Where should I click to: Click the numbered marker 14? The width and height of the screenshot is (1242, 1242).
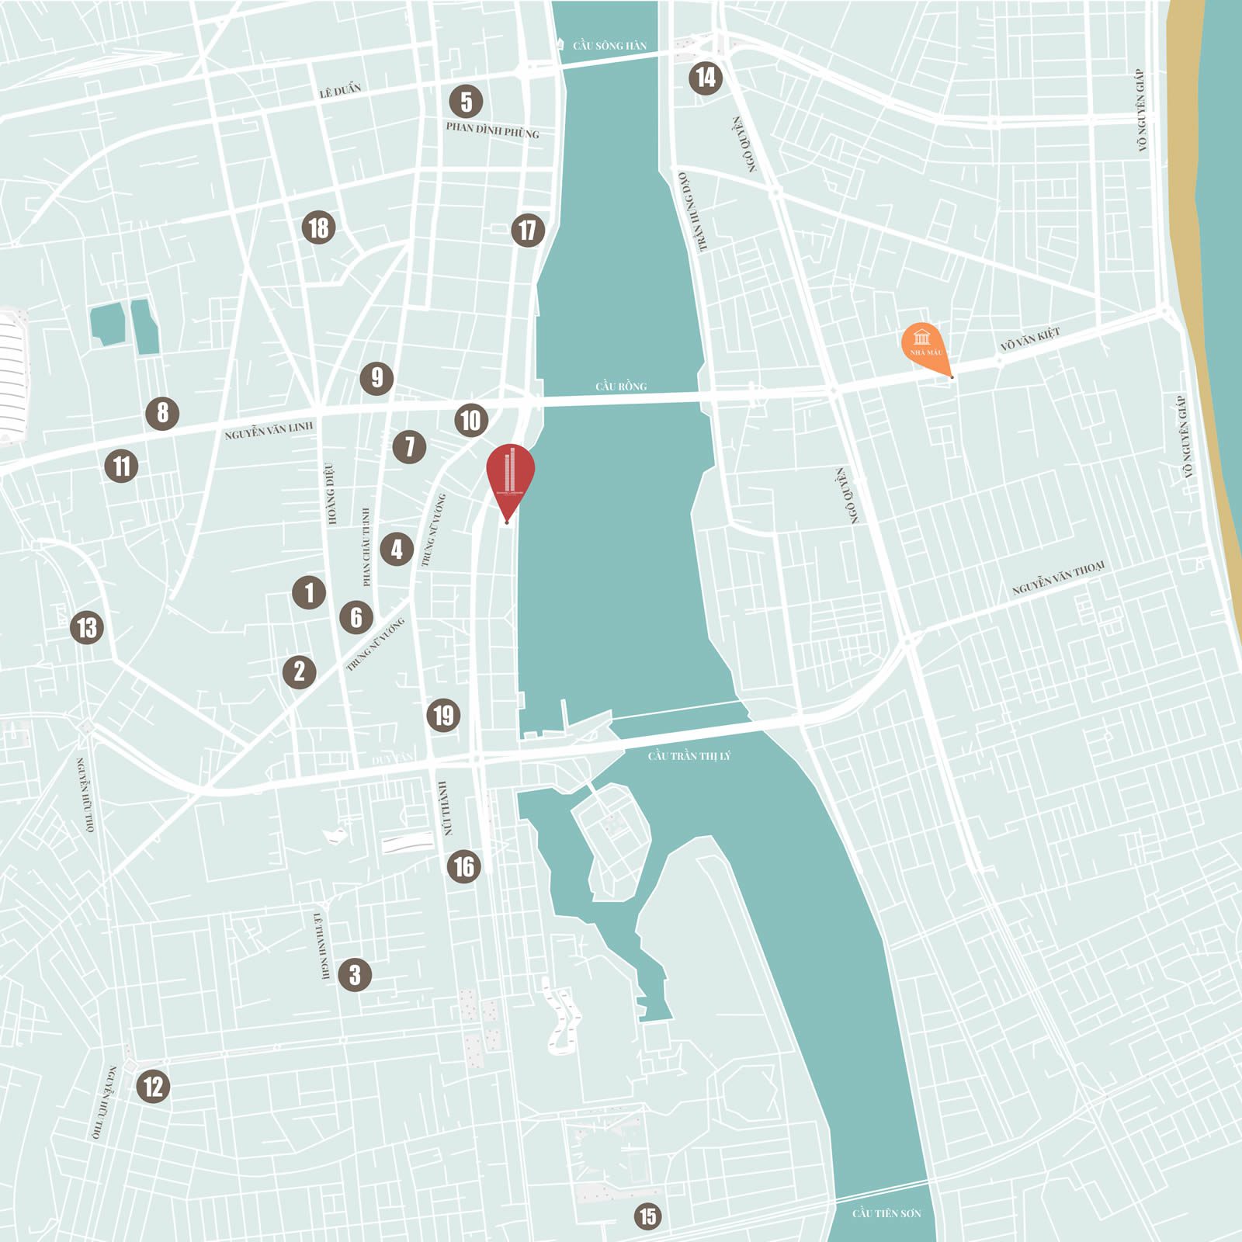pyautogui.click(x=705, y=78)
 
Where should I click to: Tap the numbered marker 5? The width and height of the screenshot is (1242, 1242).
pyautogui.click(x=466, y=102)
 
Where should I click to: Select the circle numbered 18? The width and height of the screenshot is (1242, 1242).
pyautogui.click(x=318, y=227)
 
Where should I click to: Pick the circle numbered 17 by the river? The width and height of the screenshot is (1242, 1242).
pyautogui.click(x=528, y=230)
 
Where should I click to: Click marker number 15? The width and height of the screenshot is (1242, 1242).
pyautogui.click(x=647, y=1216)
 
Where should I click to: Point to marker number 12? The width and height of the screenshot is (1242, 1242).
pyautogui.click(x=153, y=1086)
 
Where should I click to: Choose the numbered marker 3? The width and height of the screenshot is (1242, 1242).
pyautogui.click(x=355, y=974)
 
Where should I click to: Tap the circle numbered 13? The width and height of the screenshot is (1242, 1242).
pyautogui.click(x=87, y=627)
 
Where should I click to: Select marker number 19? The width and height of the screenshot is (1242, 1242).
pyautogui.click(x=443, y=715)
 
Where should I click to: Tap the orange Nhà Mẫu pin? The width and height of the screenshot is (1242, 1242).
pyautogui.click(x=924, y=343)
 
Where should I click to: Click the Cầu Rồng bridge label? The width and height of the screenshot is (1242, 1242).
pyautogui.click(x=621, y=386)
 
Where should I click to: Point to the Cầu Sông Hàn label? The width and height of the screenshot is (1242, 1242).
pyautogui.click(x=609, y=46)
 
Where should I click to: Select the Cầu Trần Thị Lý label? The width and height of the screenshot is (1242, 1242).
pyautogui.click(x=689, y=755)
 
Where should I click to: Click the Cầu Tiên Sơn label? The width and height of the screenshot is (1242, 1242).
pyautogui.click(x=886, y=1213)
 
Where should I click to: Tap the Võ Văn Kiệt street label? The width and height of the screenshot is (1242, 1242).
pyautogui.click(x=1029, y=339)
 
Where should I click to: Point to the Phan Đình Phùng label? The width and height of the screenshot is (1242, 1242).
pyautogui.click(x=492, y=130)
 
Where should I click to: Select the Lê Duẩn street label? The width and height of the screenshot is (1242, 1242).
pyautogui.click(x=340, y=91)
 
